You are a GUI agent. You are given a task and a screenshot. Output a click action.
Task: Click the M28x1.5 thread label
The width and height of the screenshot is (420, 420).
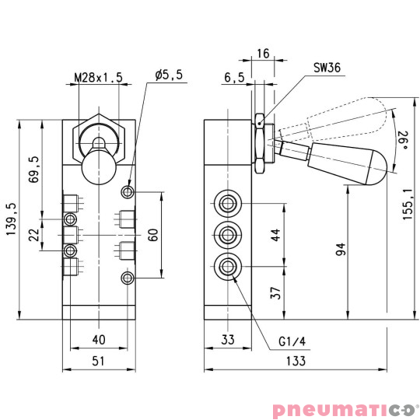(x=98, y=77)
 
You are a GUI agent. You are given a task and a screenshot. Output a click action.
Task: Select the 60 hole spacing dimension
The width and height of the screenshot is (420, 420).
(x=153, y=234)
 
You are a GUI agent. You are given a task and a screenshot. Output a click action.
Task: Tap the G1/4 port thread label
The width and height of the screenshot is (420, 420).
(x=293, y=340)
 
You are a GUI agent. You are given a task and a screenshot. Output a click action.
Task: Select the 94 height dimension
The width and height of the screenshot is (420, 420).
(x=341, y=250)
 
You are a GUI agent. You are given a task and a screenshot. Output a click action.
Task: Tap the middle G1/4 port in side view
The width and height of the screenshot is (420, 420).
(x=227, y=233)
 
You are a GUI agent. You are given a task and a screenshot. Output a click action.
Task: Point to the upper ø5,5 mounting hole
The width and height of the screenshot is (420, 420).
(x=128, y=191)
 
